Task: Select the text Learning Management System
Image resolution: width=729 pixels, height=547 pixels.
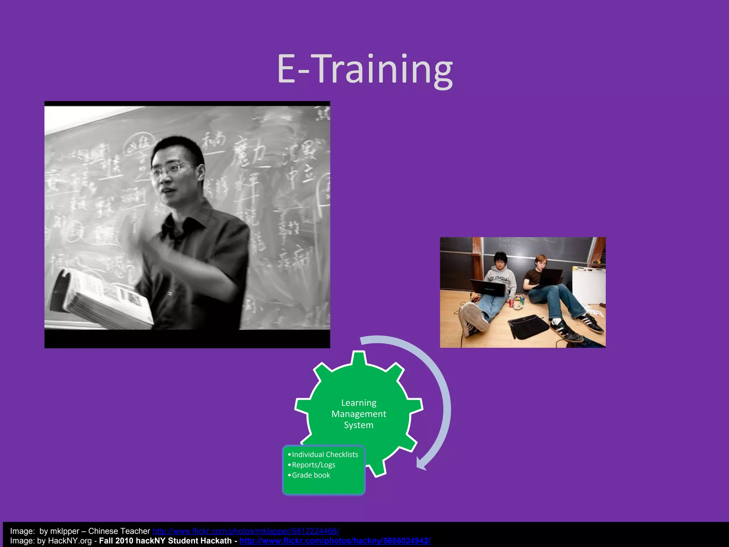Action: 358,413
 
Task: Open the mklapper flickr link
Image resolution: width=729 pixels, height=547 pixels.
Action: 246,531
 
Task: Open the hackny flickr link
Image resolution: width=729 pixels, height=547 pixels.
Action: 335,541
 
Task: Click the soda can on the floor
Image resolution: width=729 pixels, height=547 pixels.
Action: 512,303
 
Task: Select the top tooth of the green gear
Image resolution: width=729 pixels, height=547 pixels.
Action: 359,358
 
